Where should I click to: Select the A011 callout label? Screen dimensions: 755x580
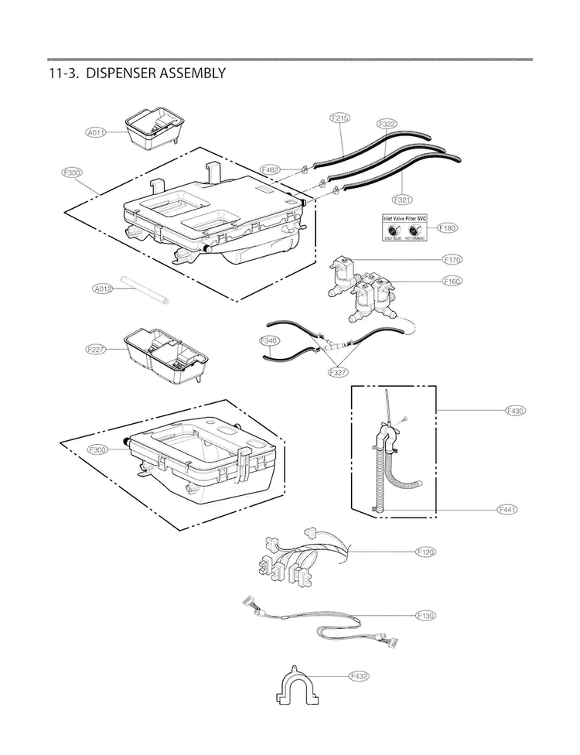96,133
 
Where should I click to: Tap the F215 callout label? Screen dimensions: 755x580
339,118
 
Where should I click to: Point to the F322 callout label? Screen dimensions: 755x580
387,124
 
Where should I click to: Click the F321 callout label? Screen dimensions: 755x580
404,199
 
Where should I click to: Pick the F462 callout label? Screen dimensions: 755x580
271,169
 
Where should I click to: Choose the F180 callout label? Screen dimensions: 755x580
448,227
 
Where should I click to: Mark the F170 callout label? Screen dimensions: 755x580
452,259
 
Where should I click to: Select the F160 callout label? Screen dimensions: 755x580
452,282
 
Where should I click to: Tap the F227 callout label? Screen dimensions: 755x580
96,350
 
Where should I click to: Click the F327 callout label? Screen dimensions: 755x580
336,372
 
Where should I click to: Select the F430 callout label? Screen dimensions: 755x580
515,410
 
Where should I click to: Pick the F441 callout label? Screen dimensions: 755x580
507,509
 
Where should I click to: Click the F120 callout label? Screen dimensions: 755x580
426,552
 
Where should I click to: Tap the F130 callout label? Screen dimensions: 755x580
426,616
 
